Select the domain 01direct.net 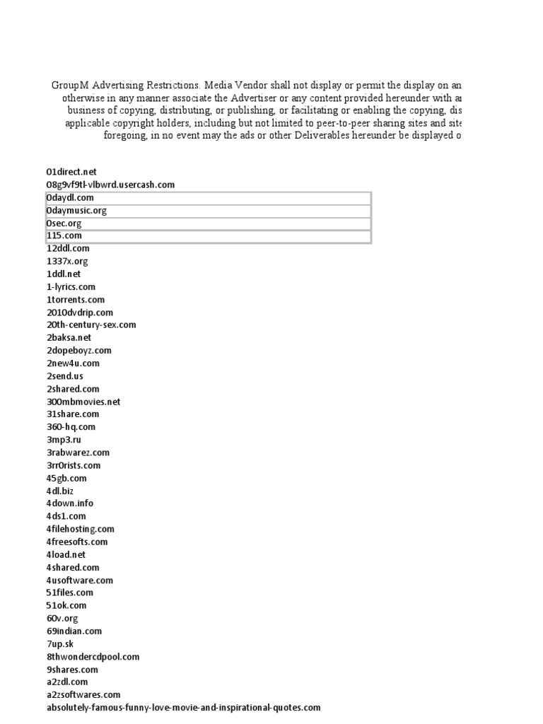71,172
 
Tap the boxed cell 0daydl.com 70,198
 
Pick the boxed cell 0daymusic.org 76,211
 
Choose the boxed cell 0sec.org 66,223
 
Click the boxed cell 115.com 64,236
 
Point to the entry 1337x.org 68,262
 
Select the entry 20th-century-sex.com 91,325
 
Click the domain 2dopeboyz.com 79,351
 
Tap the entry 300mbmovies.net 83,402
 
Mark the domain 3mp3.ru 64,440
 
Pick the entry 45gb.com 66,478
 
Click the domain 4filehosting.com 81,529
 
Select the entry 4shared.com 73,567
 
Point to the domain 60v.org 62,618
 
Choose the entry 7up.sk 60,643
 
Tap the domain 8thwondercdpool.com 93,657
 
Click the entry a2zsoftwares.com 83,695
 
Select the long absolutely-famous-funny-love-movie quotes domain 184,708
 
